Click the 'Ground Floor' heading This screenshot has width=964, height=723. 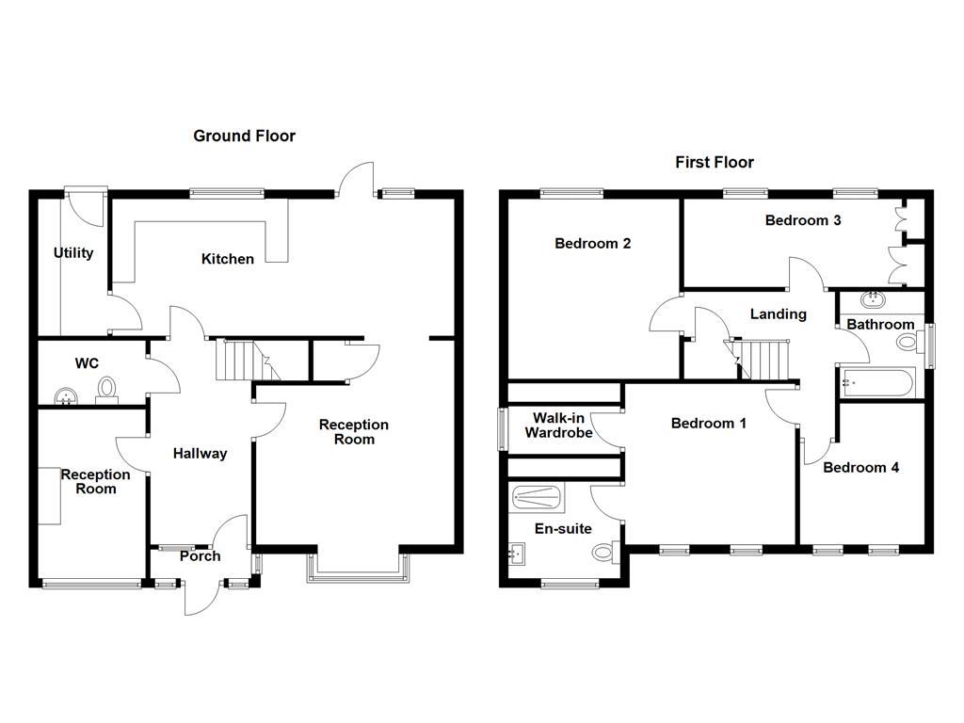[244, 136]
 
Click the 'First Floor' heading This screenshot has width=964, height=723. [714, 162]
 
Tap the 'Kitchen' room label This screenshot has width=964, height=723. [228, 258]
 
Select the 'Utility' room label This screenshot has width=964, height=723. [73, 252]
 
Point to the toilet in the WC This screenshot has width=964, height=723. [107, 388]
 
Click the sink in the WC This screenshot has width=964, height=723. [66, 395]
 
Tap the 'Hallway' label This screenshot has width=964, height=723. [200, 454]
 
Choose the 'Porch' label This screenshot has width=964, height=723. [200, 556]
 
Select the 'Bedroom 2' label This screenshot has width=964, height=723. [592, 243]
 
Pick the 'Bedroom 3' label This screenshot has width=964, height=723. [802, 220]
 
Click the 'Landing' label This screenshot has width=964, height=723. [778, 313]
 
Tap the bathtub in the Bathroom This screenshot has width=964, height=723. [876, 383]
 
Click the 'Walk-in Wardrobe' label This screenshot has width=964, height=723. [561, 426]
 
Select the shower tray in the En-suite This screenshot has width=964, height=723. [536, 496]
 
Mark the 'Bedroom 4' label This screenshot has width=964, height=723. [860, 467]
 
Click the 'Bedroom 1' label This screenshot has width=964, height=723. [708, 424]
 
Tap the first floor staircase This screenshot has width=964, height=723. [759, 359]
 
